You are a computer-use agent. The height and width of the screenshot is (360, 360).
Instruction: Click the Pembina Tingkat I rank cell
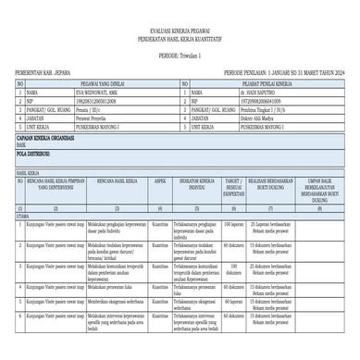242,109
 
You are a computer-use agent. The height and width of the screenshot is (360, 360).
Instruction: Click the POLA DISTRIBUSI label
32,154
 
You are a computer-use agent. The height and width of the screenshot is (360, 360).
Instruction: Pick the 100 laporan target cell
234,225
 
